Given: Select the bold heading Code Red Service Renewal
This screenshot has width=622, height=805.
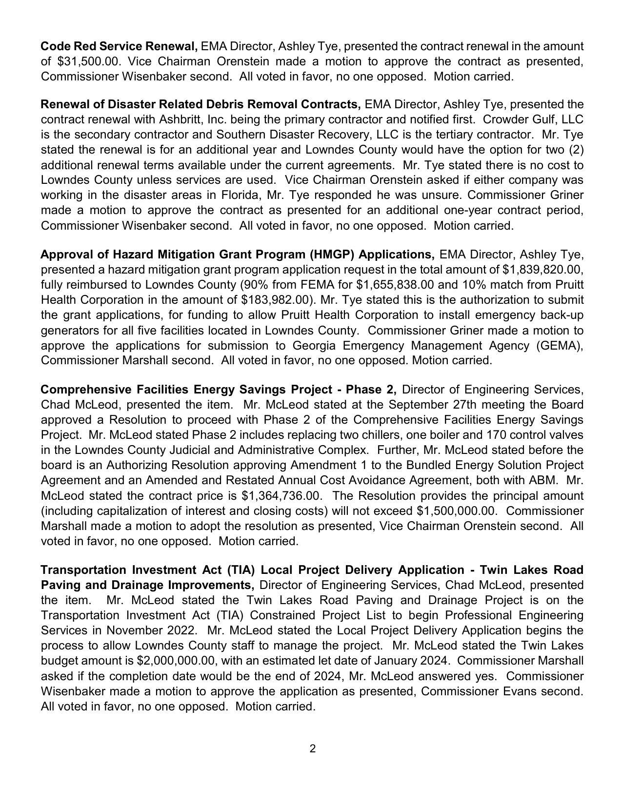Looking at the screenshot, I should click(x=119, y=46).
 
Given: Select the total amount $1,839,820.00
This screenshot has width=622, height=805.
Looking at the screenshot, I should click(x=542, y=270).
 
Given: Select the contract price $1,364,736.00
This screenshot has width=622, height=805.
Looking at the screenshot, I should click(x=281, y=496).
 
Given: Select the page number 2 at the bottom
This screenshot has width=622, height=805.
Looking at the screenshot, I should click(x=312, y=748).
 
